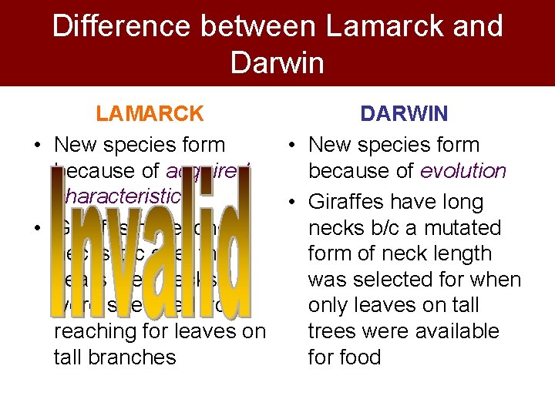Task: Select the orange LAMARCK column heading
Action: click(x=150, y=114)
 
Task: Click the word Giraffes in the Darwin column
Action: click(x=351, y=202)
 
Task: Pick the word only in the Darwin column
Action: click(x=332, y=306)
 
